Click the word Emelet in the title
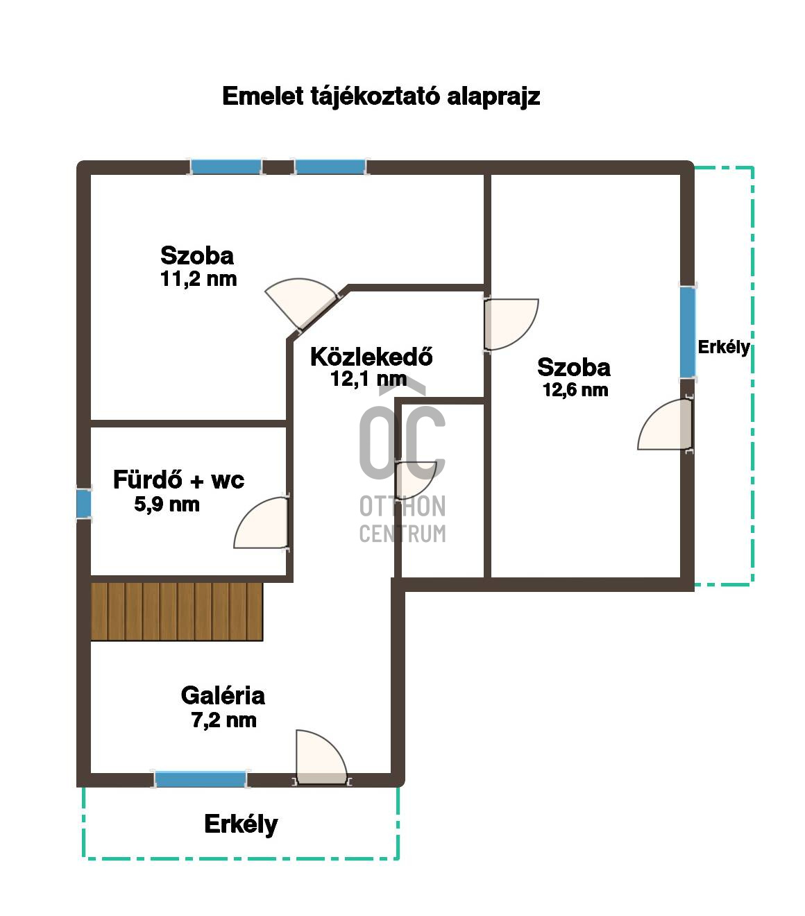pyautogui.click(x=263, y=96)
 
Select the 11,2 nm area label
pyautogui.click(x=198, y=279)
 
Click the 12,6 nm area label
pyautogui.click(x=575, y=390)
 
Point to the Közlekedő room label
pyautogui.click(x=371, y=357)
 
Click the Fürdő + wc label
pyautogui.click(x=178, y=480)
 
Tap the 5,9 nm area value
pyautogui.click(x=167, y=504)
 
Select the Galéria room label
pyautogui.click(x=223, y=695)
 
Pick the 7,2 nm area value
pyautogui.click(x=224, y=720)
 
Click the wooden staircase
pyautogui.click(x=177, y=612)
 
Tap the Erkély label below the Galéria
pyautogui.click(x=241, y=824)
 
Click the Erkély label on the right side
pyautogui.click(x=724, y=347)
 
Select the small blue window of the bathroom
pyautogui.click(x=84, y=504)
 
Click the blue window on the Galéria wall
pyautogui.click(x=201, y=779)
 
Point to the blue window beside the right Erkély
pyautogui.click(x=688, y=332)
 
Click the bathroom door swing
pyautogui.click(x=261, y=523)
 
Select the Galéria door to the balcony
pyautogui.click(x=321, y=757)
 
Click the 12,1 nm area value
pyautogui.click(x=368, y=379)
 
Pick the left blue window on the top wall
pyautogui.click(x=226, y=167)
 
